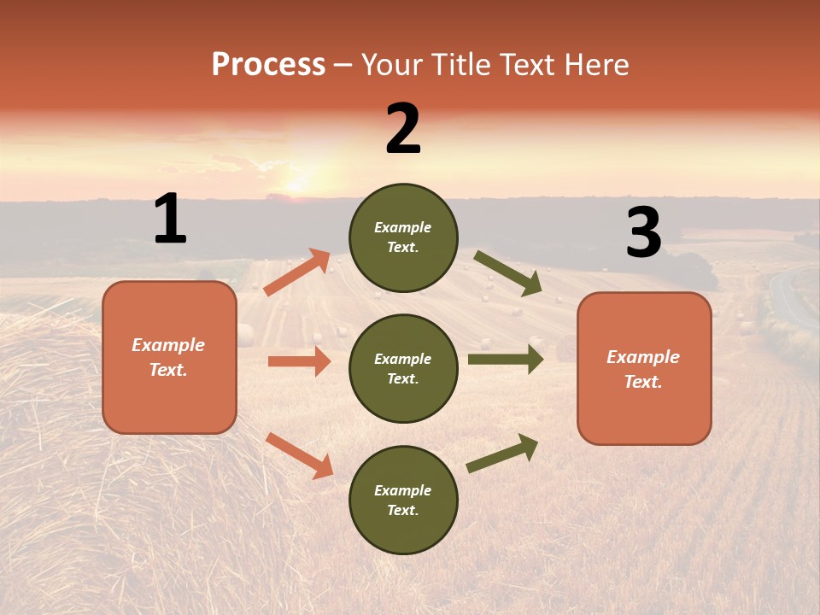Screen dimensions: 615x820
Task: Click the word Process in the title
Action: coord(268,65)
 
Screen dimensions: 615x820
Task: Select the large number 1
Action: coord(170,219)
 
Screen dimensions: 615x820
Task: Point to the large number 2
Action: coord(403,129)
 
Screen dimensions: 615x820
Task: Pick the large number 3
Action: coord(643,232)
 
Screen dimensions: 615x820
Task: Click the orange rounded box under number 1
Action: coord(169,357)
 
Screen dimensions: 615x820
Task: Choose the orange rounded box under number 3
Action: coord(644,368)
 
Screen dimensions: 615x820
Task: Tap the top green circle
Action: coord(403,237)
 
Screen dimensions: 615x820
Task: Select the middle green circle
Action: coord(403,368)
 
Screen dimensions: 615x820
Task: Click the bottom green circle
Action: coord(403,500)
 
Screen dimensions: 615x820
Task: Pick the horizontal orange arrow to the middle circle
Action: coord(299,361)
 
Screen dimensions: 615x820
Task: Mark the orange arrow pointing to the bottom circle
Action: coord(300,455)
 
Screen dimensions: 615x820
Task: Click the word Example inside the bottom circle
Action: coord(403,490)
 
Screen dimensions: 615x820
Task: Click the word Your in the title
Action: coord(392,65)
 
